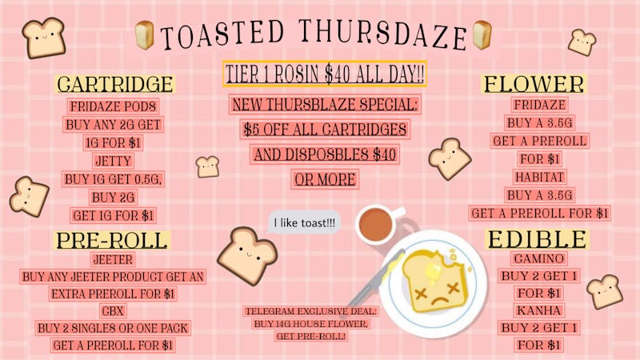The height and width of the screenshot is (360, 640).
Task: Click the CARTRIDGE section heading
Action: point(115,84)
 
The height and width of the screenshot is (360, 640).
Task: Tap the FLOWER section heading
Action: point(534,83)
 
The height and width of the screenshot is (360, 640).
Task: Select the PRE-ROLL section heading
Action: point(112,239)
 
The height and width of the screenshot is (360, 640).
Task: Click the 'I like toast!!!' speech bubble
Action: point(304,222)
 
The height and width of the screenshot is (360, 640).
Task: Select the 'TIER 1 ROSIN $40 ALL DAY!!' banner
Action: point(325,75)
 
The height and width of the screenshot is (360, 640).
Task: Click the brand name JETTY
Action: point(113,161)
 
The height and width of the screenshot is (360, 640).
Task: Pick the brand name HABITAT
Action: point(539,176)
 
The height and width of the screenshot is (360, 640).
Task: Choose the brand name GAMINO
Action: point(539,258)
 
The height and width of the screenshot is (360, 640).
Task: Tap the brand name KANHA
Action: point(539,310)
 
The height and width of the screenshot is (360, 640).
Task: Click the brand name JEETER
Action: point(113,259)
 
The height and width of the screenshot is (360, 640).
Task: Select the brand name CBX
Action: point(113,310)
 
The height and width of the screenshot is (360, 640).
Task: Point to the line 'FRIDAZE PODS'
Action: point(113,107)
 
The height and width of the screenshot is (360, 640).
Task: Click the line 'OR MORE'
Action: point(325,179)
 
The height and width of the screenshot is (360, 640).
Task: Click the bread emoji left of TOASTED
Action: point(145,34)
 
